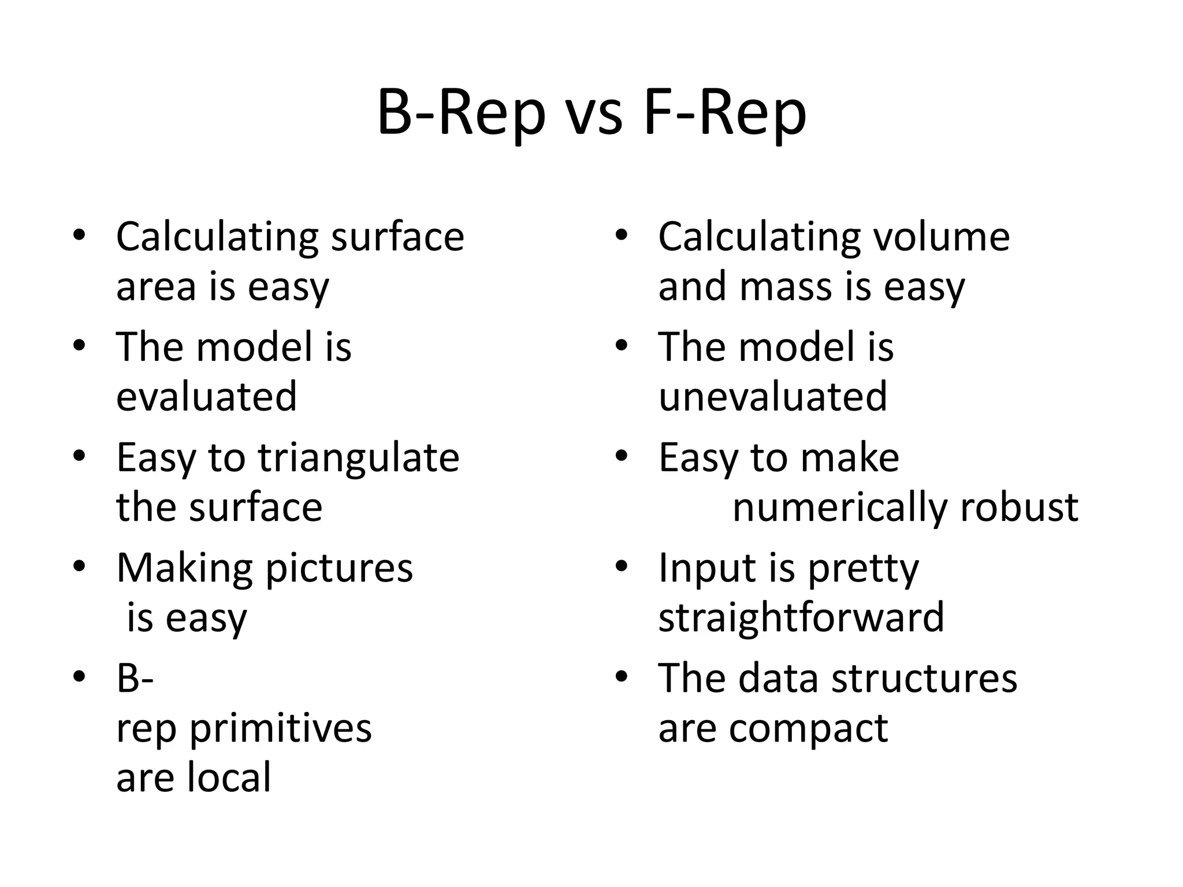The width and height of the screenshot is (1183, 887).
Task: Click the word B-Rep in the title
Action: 461,114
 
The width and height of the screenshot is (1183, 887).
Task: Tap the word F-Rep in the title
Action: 724,114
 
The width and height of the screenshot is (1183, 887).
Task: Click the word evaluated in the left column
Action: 206,397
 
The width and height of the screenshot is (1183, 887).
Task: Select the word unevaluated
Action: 773,397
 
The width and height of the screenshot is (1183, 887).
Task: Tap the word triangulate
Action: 358,458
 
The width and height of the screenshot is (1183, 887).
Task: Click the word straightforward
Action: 801,617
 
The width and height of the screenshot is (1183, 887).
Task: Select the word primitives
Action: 281,729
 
